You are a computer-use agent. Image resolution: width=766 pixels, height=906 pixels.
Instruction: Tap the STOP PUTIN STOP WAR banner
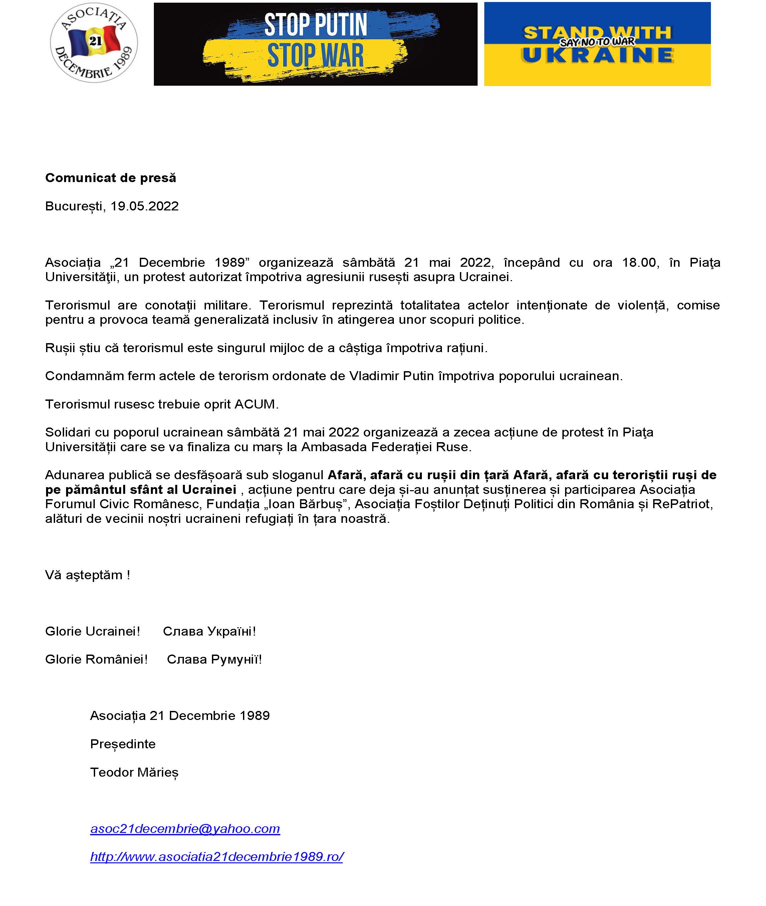(x=315, y=44)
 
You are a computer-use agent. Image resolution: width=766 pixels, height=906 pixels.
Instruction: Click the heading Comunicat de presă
(x=111, y=178)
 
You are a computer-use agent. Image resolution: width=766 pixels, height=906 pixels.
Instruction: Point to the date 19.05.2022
(x=144, y=206)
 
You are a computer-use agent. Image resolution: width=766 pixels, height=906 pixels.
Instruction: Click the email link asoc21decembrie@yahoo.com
(x=185, y=828)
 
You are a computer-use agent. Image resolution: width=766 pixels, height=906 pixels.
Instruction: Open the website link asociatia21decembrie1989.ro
(x=217, y=857)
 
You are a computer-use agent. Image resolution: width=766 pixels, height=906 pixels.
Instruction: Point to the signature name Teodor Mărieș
(x=134, y=772)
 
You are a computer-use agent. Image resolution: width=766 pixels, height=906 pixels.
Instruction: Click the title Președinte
(x=123, y=744)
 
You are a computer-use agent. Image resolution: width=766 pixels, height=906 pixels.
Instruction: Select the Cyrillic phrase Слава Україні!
(x=209, y=631)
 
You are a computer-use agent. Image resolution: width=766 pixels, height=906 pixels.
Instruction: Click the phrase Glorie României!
(x=96, y=660)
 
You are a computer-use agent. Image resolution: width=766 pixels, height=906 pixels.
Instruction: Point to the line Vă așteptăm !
(x=88, y=575)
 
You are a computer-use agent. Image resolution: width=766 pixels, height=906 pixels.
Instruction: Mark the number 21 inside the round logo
(x=95, y=41)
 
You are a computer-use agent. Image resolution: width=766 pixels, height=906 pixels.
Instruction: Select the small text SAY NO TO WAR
(x=597, y=42)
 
